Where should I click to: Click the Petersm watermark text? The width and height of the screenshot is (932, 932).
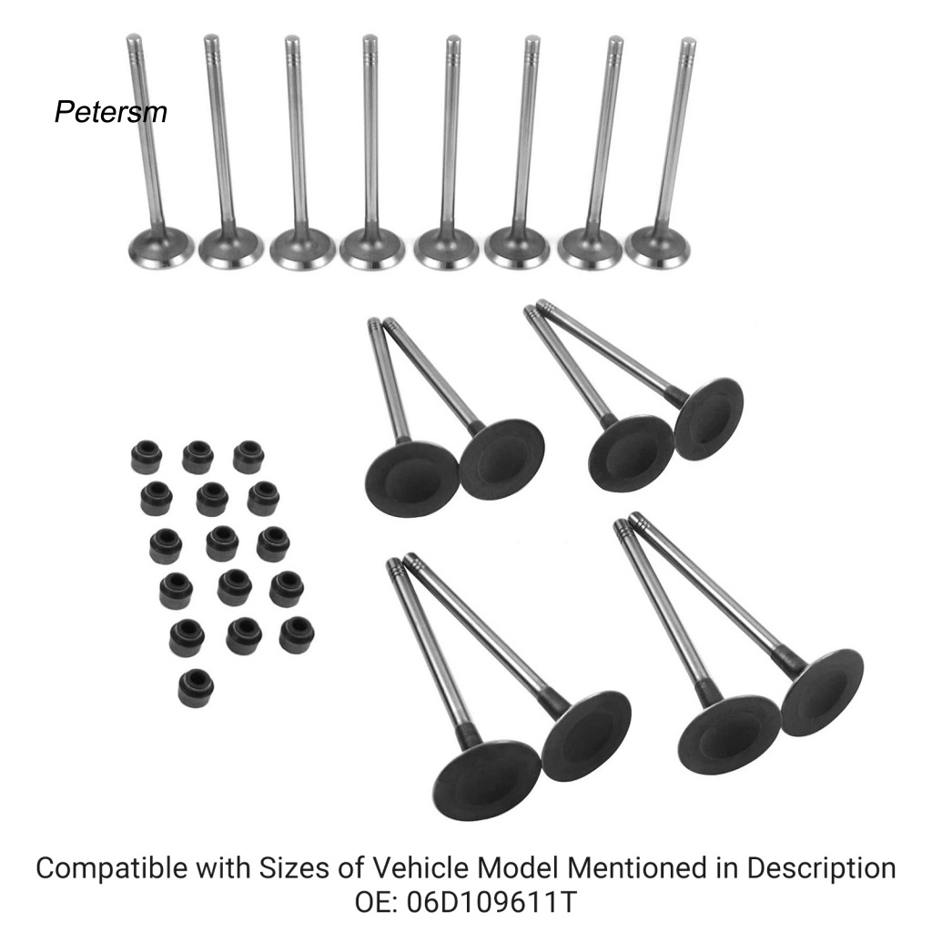tap(110, 112)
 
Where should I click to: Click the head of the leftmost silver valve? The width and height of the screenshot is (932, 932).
tap(161, 248)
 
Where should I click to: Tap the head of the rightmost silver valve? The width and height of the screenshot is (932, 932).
tap(657, 247)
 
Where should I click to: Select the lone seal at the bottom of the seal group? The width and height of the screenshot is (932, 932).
tap(195, 688)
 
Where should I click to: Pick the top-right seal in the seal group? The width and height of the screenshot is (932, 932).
tap(248, 456)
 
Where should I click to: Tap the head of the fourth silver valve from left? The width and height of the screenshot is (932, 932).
tap(371, 248)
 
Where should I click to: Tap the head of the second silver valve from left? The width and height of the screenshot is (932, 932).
tap(230, 248)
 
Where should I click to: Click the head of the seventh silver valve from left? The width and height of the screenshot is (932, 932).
tap(589, 248)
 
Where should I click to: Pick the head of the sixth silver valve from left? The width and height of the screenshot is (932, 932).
tap(517, 248)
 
